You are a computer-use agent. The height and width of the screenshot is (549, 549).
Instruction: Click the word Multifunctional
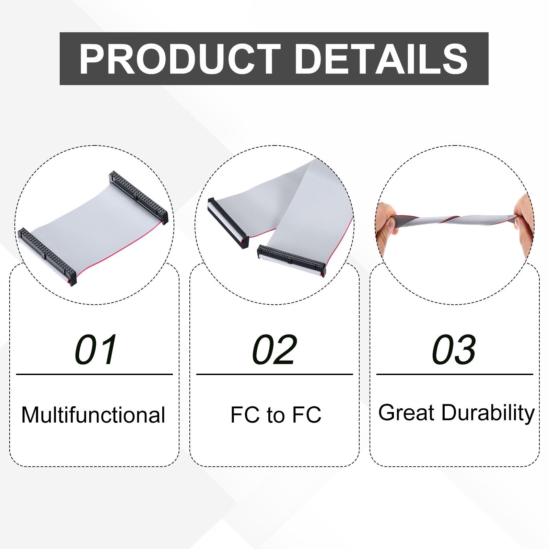(93, 414)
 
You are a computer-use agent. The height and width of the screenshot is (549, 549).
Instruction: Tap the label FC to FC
(276, 414)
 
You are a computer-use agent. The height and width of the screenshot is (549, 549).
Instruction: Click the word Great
(407, 412)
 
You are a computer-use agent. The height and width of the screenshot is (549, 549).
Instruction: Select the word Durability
(488, 413)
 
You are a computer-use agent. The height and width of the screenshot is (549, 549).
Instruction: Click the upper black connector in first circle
(138, 198)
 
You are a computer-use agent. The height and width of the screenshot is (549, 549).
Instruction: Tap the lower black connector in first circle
(47, 257)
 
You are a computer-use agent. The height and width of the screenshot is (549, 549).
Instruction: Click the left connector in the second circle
(228, 223)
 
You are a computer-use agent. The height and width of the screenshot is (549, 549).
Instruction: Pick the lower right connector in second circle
(291, 260)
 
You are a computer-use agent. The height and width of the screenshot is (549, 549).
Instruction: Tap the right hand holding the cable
(524, 223)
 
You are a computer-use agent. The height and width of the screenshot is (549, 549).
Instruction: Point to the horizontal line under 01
(94, 374)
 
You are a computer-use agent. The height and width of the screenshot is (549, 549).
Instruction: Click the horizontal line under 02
(274, 374)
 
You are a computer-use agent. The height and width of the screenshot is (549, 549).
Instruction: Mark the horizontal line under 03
(455, 374)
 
